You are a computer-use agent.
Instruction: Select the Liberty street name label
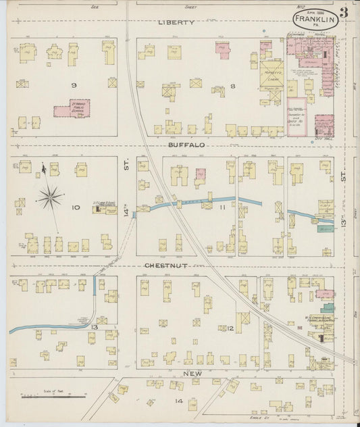(176, 22)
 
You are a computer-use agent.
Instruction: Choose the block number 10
(76, 207)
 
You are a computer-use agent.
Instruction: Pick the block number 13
(95, 327)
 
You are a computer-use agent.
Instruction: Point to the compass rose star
(50, 197)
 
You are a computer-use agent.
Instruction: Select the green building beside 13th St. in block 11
(326, 229)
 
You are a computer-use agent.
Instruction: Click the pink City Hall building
(324, 125)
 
